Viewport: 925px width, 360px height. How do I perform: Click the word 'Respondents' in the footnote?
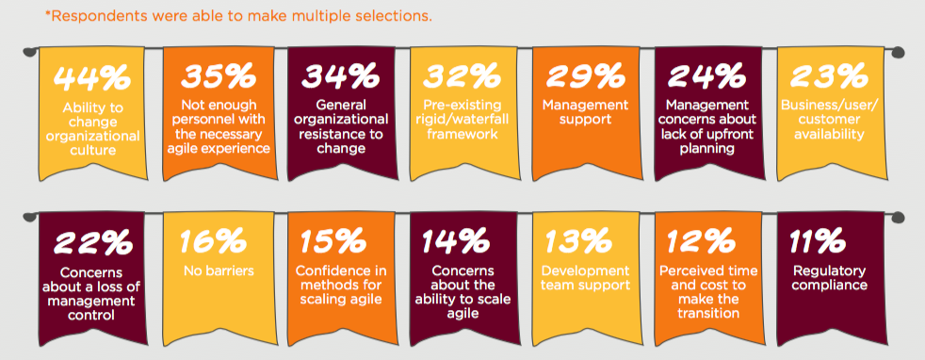pyautogui.click(x=91, y=16)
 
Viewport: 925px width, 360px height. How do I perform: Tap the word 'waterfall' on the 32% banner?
pyautogui.click(x=482, y=121)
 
